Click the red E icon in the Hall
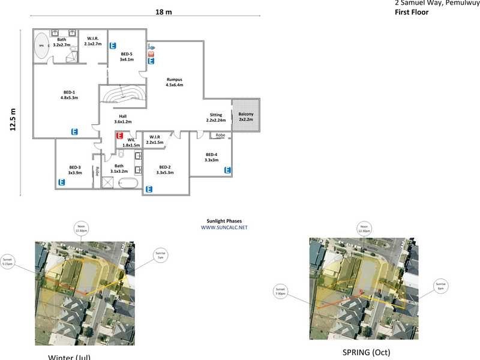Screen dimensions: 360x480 [x=119, y=136]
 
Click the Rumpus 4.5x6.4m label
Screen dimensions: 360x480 [x=174, y=82]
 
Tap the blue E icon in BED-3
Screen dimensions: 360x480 [x=61, y=182]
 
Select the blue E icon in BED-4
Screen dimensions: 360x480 [x=227, y=170]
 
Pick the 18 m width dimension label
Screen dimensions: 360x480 [x=164, y=13]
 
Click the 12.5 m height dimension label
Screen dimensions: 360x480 [x=13, y=118]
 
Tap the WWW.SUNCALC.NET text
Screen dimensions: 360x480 [x=224, y=227]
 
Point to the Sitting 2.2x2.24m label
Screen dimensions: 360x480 [x=216, y=118]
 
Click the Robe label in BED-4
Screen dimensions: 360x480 [x=220, y=136]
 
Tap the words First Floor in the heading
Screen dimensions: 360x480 [x=412, y=12]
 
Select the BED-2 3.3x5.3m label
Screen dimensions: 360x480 [x=164, y=170]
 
